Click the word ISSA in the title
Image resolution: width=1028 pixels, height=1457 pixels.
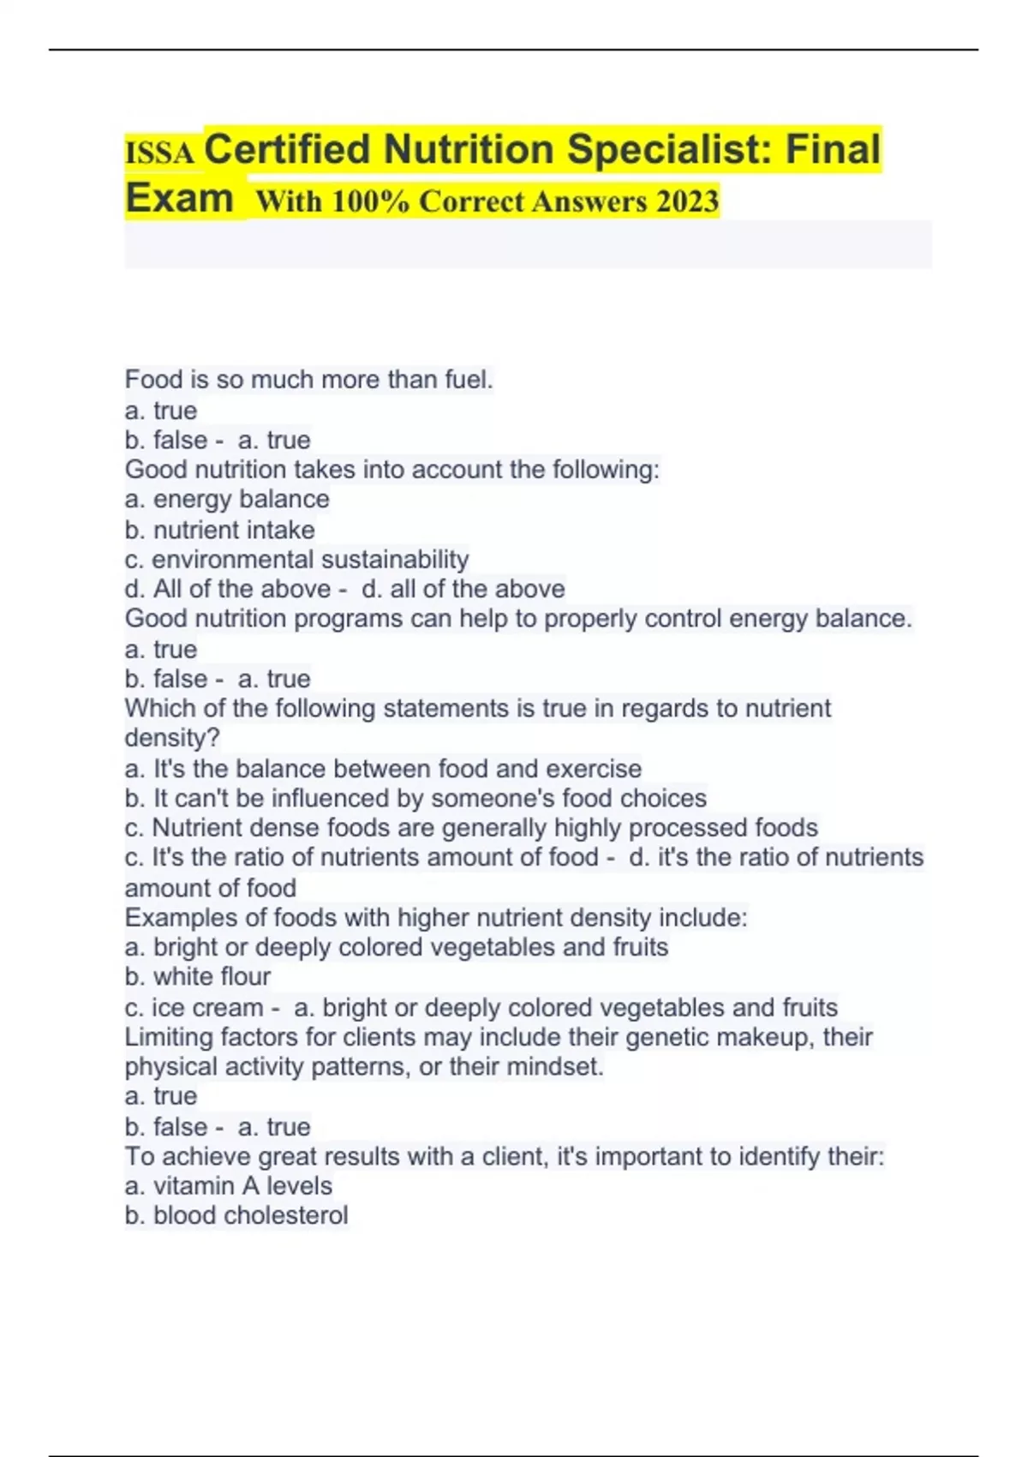[x=159, y=153]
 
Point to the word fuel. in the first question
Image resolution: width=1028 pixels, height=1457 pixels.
[x=469, y=379]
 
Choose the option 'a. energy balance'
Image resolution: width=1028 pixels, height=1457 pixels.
[x=227, y=499]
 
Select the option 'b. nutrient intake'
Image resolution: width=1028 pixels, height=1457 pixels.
[x=219, y=530]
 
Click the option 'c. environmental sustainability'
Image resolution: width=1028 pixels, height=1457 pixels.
[x=296, y=559]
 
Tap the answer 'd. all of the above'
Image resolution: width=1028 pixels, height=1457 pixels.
[x=463, y=589]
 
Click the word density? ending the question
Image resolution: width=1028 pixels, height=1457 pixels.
[x=172, y=738]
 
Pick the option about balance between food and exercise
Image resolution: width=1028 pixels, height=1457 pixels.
[x=383, y=768]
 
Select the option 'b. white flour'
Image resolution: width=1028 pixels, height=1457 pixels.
[x=197, y=976]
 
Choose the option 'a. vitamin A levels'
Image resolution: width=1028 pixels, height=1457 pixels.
[x=228, y=1185]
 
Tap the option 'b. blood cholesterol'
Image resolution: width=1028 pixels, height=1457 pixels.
[x=236, y=1215]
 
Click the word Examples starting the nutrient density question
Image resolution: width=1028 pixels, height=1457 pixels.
[x=182, y=918]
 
